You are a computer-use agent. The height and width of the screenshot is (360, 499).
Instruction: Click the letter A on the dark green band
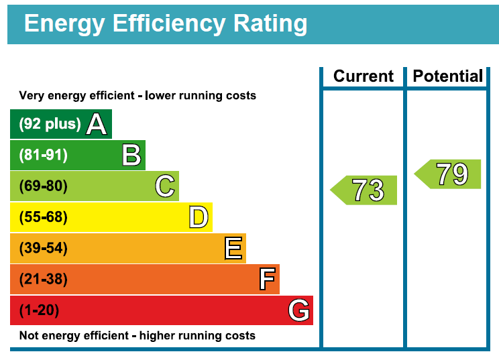click(97, 124)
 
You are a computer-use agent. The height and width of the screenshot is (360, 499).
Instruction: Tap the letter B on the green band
click(131, 156)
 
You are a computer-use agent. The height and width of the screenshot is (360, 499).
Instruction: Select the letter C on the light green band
click(165, 186)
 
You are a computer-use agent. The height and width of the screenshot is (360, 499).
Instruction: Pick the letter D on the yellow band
click(199, 217)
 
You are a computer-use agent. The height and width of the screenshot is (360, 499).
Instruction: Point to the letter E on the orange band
click(233, 248)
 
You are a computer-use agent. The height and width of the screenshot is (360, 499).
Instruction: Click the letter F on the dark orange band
click(267, 279)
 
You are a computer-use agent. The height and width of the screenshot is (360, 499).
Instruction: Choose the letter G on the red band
click(298, 310)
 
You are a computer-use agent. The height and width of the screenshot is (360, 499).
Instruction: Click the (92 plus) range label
click(50, 124)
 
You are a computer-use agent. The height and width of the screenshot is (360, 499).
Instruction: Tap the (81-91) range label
click(44, 156)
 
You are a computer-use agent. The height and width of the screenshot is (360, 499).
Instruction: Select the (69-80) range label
click(44, 186)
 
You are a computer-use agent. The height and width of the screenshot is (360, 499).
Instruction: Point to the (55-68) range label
click(44, 217)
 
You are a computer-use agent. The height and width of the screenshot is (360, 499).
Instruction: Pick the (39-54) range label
click(44, 249)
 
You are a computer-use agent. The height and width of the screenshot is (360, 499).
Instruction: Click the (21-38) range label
click(44, 280)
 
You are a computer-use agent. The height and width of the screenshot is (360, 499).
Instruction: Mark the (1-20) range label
click(40, 310)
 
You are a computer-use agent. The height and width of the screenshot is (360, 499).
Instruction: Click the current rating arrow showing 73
click(365, 190)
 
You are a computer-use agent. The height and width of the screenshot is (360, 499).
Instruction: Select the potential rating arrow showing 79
click(449, 174)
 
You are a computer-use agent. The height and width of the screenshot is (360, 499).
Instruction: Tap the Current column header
click(363, 76)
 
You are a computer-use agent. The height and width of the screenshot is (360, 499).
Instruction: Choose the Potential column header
click(447, 76)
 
